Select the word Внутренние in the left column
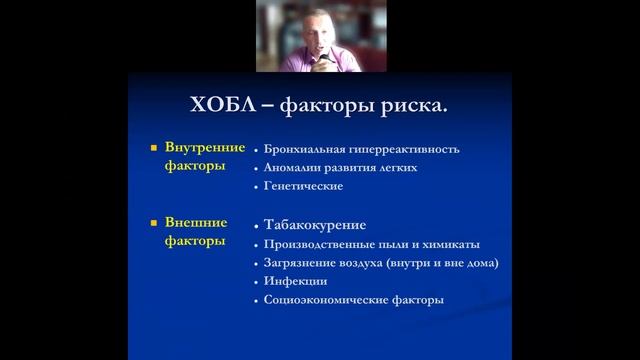click(204, 148)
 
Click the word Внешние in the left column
click(195, 223)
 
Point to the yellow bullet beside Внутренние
click(154, 148)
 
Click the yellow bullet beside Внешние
click(154, 223)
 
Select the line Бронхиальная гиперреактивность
click(362, 149)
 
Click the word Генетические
click(304, 186)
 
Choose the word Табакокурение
click(315, 224)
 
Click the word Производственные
click(317, 244)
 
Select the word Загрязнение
click(301, 262)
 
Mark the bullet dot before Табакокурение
click(257, 225)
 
